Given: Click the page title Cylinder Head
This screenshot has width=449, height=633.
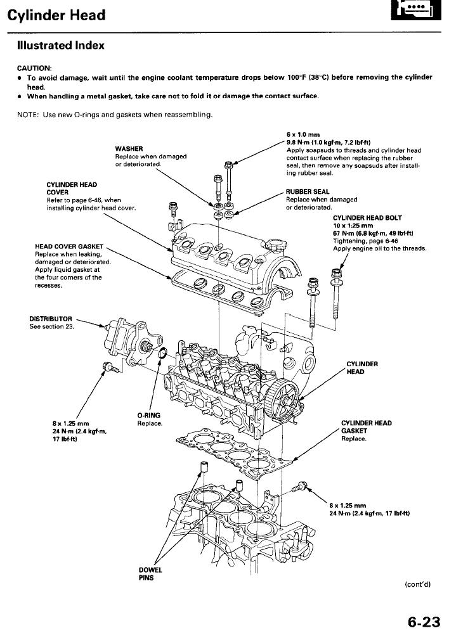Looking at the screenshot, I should point(56,15).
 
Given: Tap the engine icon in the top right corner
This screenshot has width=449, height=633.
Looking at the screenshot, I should point(415,15).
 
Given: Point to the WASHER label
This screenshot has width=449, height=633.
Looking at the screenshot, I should point(129,149).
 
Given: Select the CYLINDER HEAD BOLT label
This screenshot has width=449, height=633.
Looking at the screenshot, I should point(367,218).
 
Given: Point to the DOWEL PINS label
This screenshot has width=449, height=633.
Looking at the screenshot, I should point(146,573).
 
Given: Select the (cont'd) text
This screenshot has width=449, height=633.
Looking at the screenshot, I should point(417,584).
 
